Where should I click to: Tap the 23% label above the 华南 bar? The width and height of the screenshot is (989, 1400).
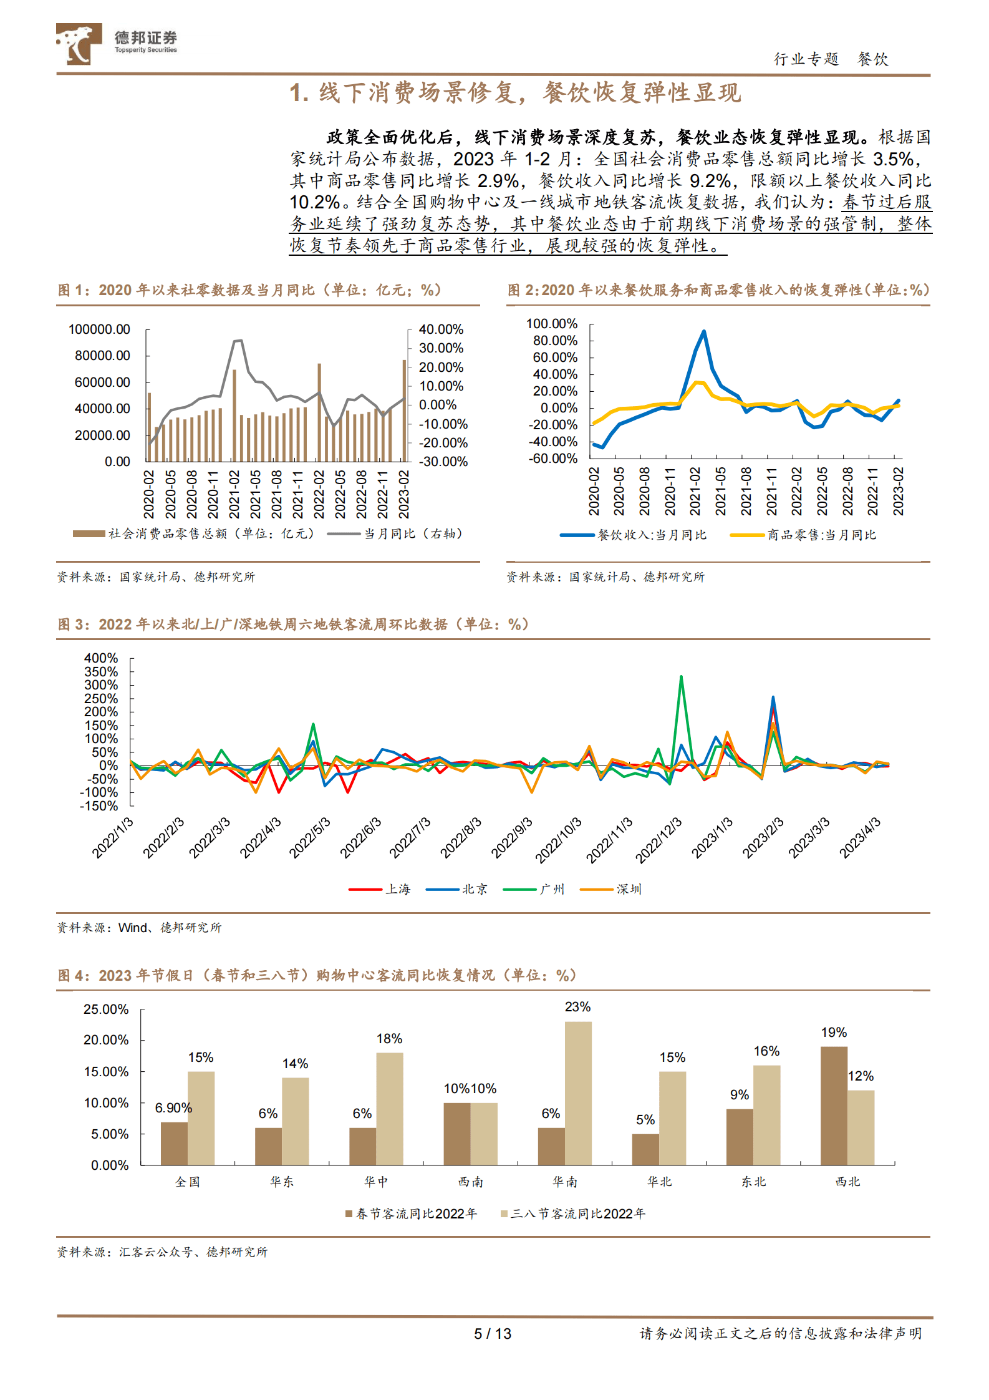[x=577, y=1007]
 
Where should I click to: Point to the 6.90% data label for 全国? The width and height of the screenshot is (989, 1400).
[x=173, y=1108]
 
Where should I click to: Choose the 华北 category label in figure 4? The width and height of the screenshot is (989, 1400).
[x=659, y=1182]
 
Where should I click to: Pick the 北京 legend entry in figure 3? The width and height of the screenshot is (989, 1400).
[x=475, y=889]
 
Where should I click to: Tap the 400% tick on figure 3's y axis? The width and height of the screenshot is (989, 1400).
[x=101, y=658]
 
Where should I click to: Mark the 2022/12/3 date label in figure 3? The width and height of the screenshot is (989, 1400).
[x=659, y=840]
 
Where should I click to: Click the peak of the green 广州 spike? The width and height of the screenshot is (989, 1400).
[x=681, y=676]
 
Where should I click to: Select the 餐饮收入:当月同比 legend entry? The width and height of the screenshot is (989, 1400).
[x=652, y=535]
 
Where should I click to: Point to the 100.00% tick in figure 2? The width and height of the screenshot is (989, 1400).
[x=552, y=324]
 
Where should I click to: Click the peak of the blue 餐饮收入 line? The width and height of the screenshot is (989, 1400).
[x=704, y=331]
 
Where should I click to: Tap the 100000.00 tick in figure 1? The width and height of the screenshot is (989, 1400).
[x=99, y=329]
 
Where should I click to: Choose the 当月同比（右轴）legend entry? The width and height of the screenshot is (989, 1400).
[x=413, y=533]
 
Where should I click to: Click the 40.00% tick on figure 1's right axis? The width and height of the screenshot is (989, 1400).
[x=441, y=329]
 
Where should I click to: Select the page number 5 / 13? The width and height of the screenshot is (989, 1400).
[x=493, y=1334]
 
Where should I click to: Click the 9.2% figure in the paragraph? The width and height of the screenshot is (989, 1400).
[x=710, y=181]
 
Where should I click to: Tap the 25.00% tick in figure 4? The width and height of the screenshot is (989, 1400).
[x=106, y=1009]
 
